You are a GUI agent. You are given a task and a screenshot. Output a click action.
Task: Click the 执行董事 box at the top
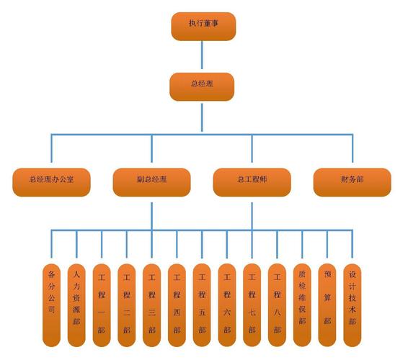pos(203,26)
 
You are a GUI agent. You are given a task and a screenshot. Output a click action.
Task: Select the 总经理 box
pos(202,86)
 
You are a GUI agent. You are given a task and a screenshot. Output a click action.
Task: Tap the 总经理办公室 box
pos(51,182)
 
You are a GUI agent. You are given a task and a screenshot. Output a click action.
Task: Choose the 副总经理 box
pos(151,182)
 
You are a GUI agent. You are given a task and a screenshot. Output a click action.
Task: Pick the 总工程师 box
pos(252,182)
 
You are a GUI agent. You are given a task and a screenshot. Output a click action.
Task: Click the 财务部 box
pos(352,182)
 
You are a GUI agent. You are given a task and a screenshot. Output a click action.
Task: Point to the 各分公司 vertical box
pos(51,305)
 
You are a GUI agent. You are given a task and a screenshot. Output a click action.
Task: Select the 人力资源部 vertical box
pos(76,305)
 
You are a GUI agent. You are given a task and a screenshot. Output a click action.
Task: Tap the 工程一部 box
pos(102,305)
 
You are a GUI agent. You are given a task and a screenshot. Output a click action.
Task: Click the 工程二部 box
pos(126,305)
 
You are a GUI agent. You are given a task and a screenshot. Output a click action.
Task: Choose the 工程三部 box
pos(151,305)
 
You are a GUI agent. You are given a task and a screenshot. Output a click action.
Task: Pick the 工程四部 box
pos(177,305)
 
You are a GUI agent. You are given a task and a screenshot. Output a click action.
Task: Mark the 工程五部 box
pos(202,305)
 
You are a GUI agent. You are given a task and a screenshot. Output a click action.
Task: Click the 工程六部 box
pos(227,305)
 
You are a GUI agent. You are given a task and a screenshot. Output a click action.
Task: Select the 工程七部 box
pos(252,305)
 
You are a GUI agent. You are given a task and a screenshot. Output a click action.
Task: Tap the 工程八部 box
pos(277,305)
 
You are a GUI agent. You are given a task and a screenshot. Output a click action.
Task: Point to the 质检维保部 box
pos(302,305)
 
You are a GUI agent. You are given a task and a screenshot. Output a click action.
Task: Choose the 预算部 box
pos(327,305)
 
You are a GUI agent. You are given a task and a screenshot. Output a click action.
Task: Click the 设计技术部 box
pos(352,305)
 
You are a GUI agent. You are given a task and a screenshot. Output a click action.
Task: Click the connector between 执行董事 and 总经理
pos(202,55)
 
